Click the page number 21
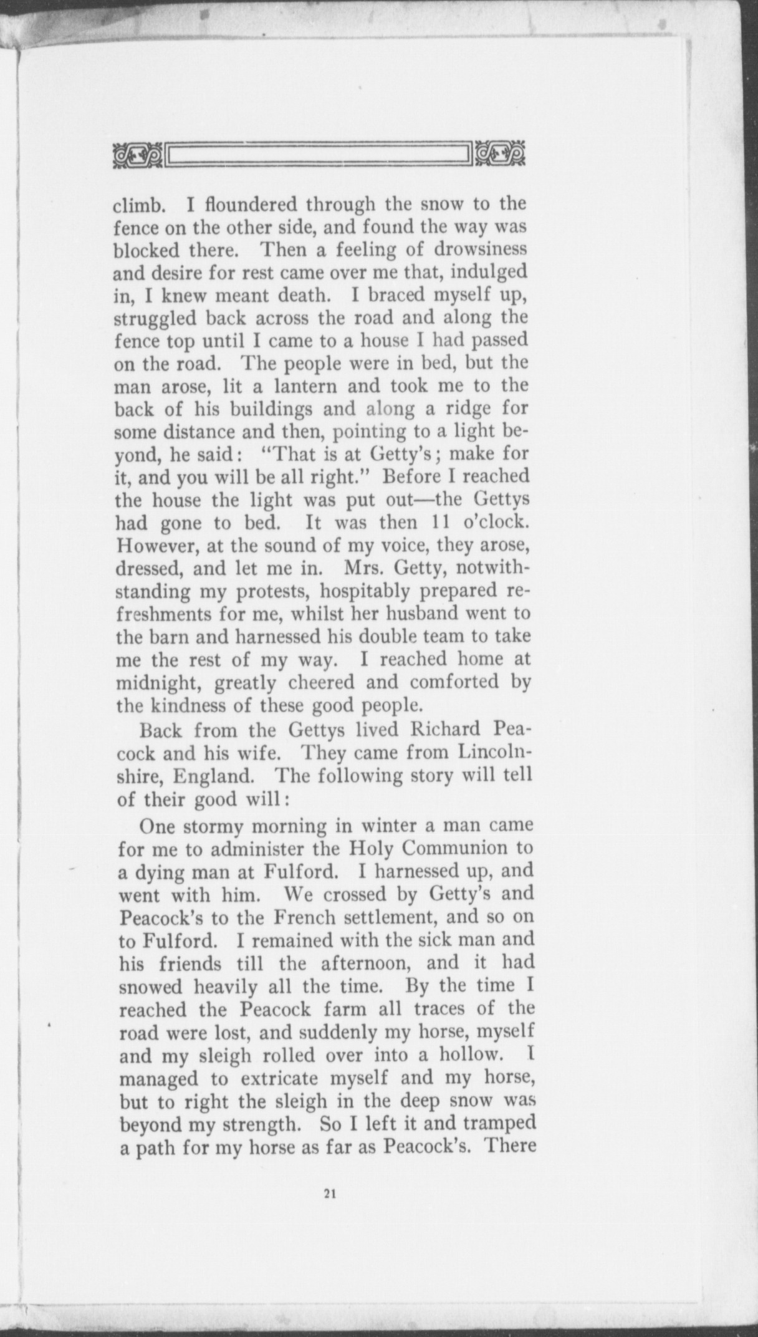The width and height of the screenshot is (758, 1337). [330, 1194]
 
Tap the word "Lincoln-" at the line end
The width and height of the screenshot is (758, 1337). [489, 752]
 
